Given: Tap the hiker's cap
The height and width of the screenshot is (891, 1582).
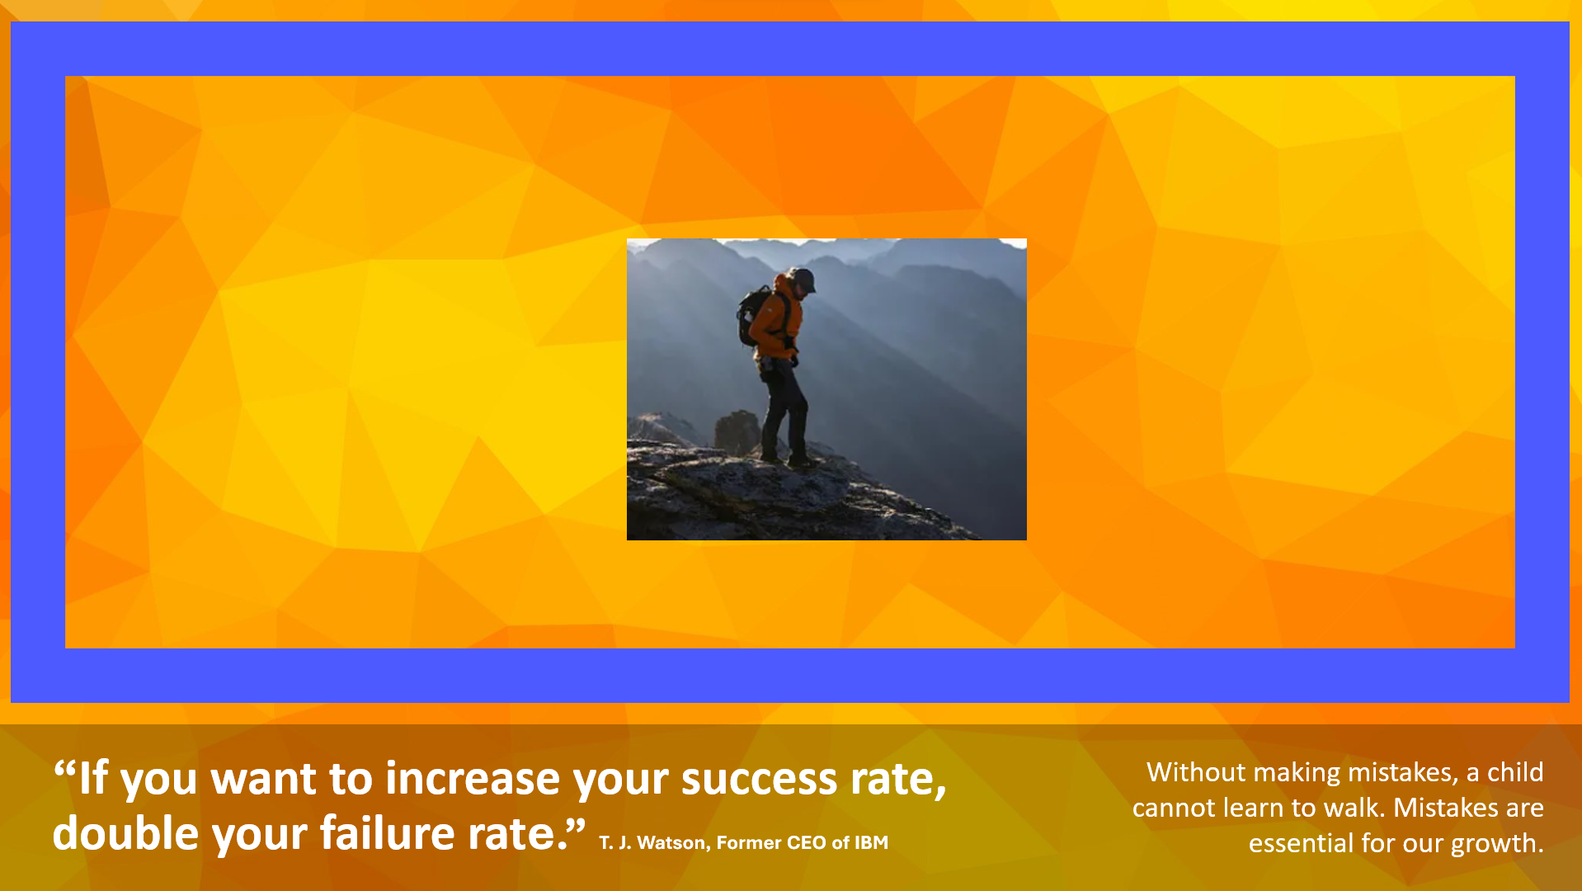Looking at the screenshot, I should [803, 279].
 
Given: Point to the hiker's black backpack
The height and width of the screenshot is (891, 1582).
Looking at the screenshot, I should [752, 316].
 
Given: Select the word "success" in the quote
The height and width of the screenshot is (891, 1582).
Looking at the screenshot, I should [759, 780].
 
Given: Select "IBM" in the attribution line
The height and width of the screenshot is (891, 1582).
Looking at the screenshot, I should [871, 843].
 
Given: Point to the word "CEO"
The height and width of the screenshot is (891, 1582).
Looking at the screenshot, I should [806, 843].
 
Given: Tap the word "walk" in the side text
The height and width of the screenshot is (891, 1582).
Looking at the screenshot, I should [1354, 808].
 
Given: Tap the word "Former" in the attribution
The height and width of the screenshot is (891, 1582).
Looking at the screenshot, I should [748, 843].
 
